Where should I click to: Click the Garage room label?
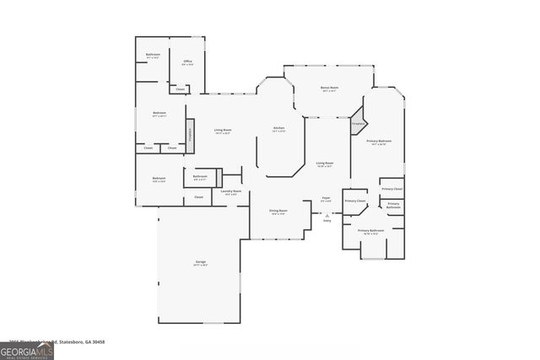pos(201,263)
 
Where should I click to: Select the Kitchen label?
pos(278,129)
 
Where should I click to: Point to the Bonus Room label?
pos(329,89)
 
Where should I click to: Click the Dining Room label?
pos(278,212)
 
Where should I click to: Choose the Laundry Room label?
pos(231,192)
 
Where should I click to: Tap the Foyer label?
pos(326,200)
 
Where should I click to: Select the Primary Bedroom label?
pos(378,142)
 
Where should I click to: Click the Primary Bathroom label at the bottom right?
pos(370,231)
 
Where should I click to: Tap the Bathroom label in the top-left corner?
pos(153,56)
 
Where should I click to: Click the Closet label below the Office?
pos(180,89)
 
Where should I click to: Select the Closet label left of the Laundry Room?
pos(199,197)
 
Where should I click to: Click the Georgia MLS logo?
pos(27,350)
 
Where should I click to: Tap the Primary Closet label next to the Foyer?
pos(355,201)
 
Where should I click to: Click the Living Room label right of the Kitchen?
pos(325,164)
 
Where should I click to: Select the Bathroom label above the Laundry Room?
pos(200,177)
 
